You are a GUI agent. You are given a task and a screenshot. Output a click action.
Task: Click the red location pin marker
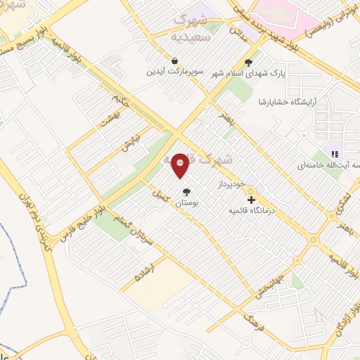pos(180,166)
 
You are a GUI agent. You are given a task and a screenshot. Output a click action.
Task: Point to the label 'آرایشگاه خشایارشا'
pos(287,102)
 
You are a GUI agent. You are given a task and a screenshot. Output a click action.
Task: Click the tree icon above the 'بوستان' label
pos(186,192)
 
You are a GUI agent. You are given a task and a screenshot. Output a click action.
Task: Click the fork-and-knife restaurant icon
pos(335,154)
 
